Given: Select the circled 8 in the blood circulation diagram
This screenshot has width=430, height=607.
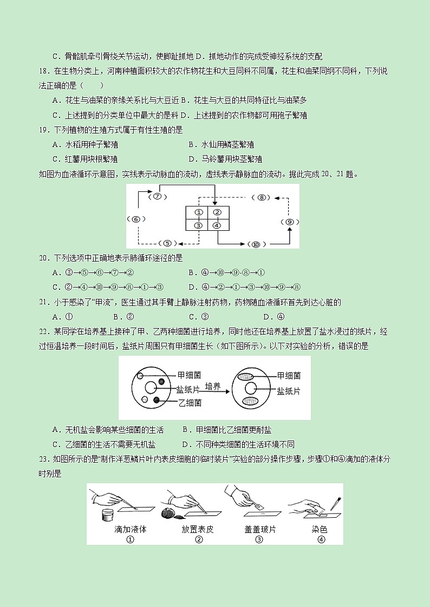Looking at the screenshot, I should click(x=262, y=198).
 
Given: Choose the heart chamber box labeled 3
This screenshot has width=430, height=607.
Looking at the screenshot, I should click(x=198, y=225).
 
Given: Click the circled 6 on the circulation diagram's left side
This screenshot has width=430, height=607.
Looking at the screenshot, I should click(x=135, y=219).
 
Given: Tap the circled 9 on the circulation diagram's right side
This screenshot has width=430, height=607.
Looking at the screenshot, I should click(x=290, y=222).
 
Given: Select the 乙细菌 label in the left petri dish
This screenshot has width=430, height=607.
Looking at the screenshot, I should click(x=190, y=403).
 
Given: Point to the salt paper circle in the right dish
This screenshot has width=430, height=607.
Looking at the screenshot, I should click(x=250, y=388).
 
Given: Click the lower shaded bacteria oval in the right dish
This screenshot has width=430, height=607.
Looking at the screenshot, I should click(x=250, y=401).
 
